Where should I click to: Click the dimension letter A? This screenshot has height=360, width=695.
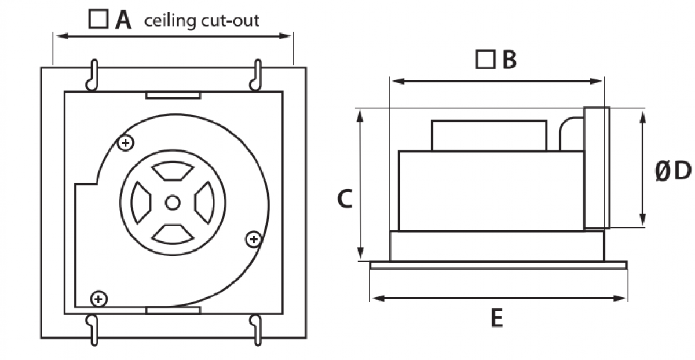123,20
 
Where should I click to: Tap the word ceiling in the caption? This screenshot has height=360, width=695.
170,21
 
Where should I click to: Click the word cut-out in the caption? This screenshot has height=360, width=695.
231,21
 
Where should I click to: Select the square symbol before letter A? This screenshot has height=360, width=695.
98,19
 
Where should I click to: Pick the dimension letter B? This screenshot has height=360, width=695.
510,60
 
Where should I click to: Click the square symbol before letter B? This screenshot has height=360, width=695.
485,59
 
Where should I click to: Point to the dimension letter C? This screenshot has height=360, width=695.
345,199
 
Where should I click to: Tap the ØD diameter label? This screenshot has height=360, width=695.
673,171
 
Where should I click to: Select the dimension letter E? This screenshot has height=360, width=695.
497,318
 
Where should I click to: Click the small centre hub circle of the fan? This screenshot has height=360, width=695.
173,203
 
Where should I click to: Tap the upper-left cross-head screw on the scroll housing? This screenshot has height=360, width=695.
126,143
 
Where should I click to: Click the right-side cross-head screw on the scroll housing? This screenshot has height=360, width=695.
254,240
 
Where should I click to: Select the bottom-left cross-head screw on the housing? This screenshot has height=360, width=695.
98,299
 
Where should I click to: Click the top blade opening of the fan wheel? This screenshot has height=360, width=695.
173,171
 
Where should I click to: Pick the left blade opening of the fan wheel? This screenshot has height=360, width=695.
141,203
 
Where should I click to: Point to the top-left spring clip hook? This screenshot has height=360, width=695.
93,75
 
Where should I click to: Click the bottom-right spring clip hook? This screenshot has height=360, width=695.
257,330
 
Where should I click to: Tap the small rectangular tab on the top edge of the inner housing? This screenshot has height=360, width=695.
173,95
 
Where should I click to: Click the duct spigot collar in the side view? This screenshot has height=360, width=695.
597,168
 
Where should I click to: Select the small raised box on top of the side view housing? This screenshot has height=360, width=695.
489,136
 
